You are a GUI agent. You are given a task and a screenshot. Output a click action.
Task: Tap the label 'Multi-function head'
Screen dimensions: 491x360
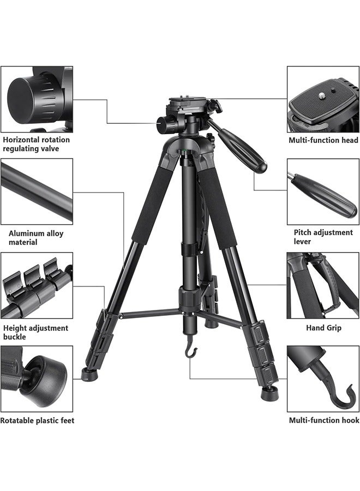pos(323,140)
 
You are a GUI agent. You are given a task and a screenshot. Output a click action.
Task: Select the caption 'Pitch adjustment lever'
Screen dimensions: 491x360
pos(323,237)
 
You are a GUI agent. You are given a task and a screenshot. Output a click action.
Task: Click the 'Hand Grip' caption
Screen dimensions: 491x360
pos(323,328)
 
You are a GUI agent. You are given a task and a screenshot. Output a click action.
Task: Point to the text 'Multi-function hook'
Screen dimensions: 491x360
pos(323,420)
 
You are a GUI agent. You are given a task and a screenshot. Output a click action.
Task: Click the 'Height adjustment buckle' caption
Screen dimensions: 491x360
pos(35,332)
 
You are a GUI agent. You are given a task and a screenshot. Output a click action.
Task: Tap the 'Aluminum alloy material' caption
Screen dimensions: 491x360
pos(36,237)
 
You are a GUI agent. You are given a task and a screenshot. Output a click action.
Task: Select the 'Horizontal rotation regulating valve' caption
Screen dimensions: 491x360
pos(36,144)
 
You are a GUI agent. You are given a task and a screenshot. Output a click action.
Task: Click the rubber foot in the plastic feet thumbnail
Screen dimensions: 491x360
pos(50,376)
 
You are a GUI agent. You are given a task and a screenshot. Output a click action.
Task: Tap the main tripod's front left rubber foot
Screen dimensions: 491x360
pos(87,374)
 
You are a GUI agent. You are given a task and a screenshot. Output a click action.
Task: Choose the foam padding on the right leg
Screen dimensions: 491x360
pos(219,207)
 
